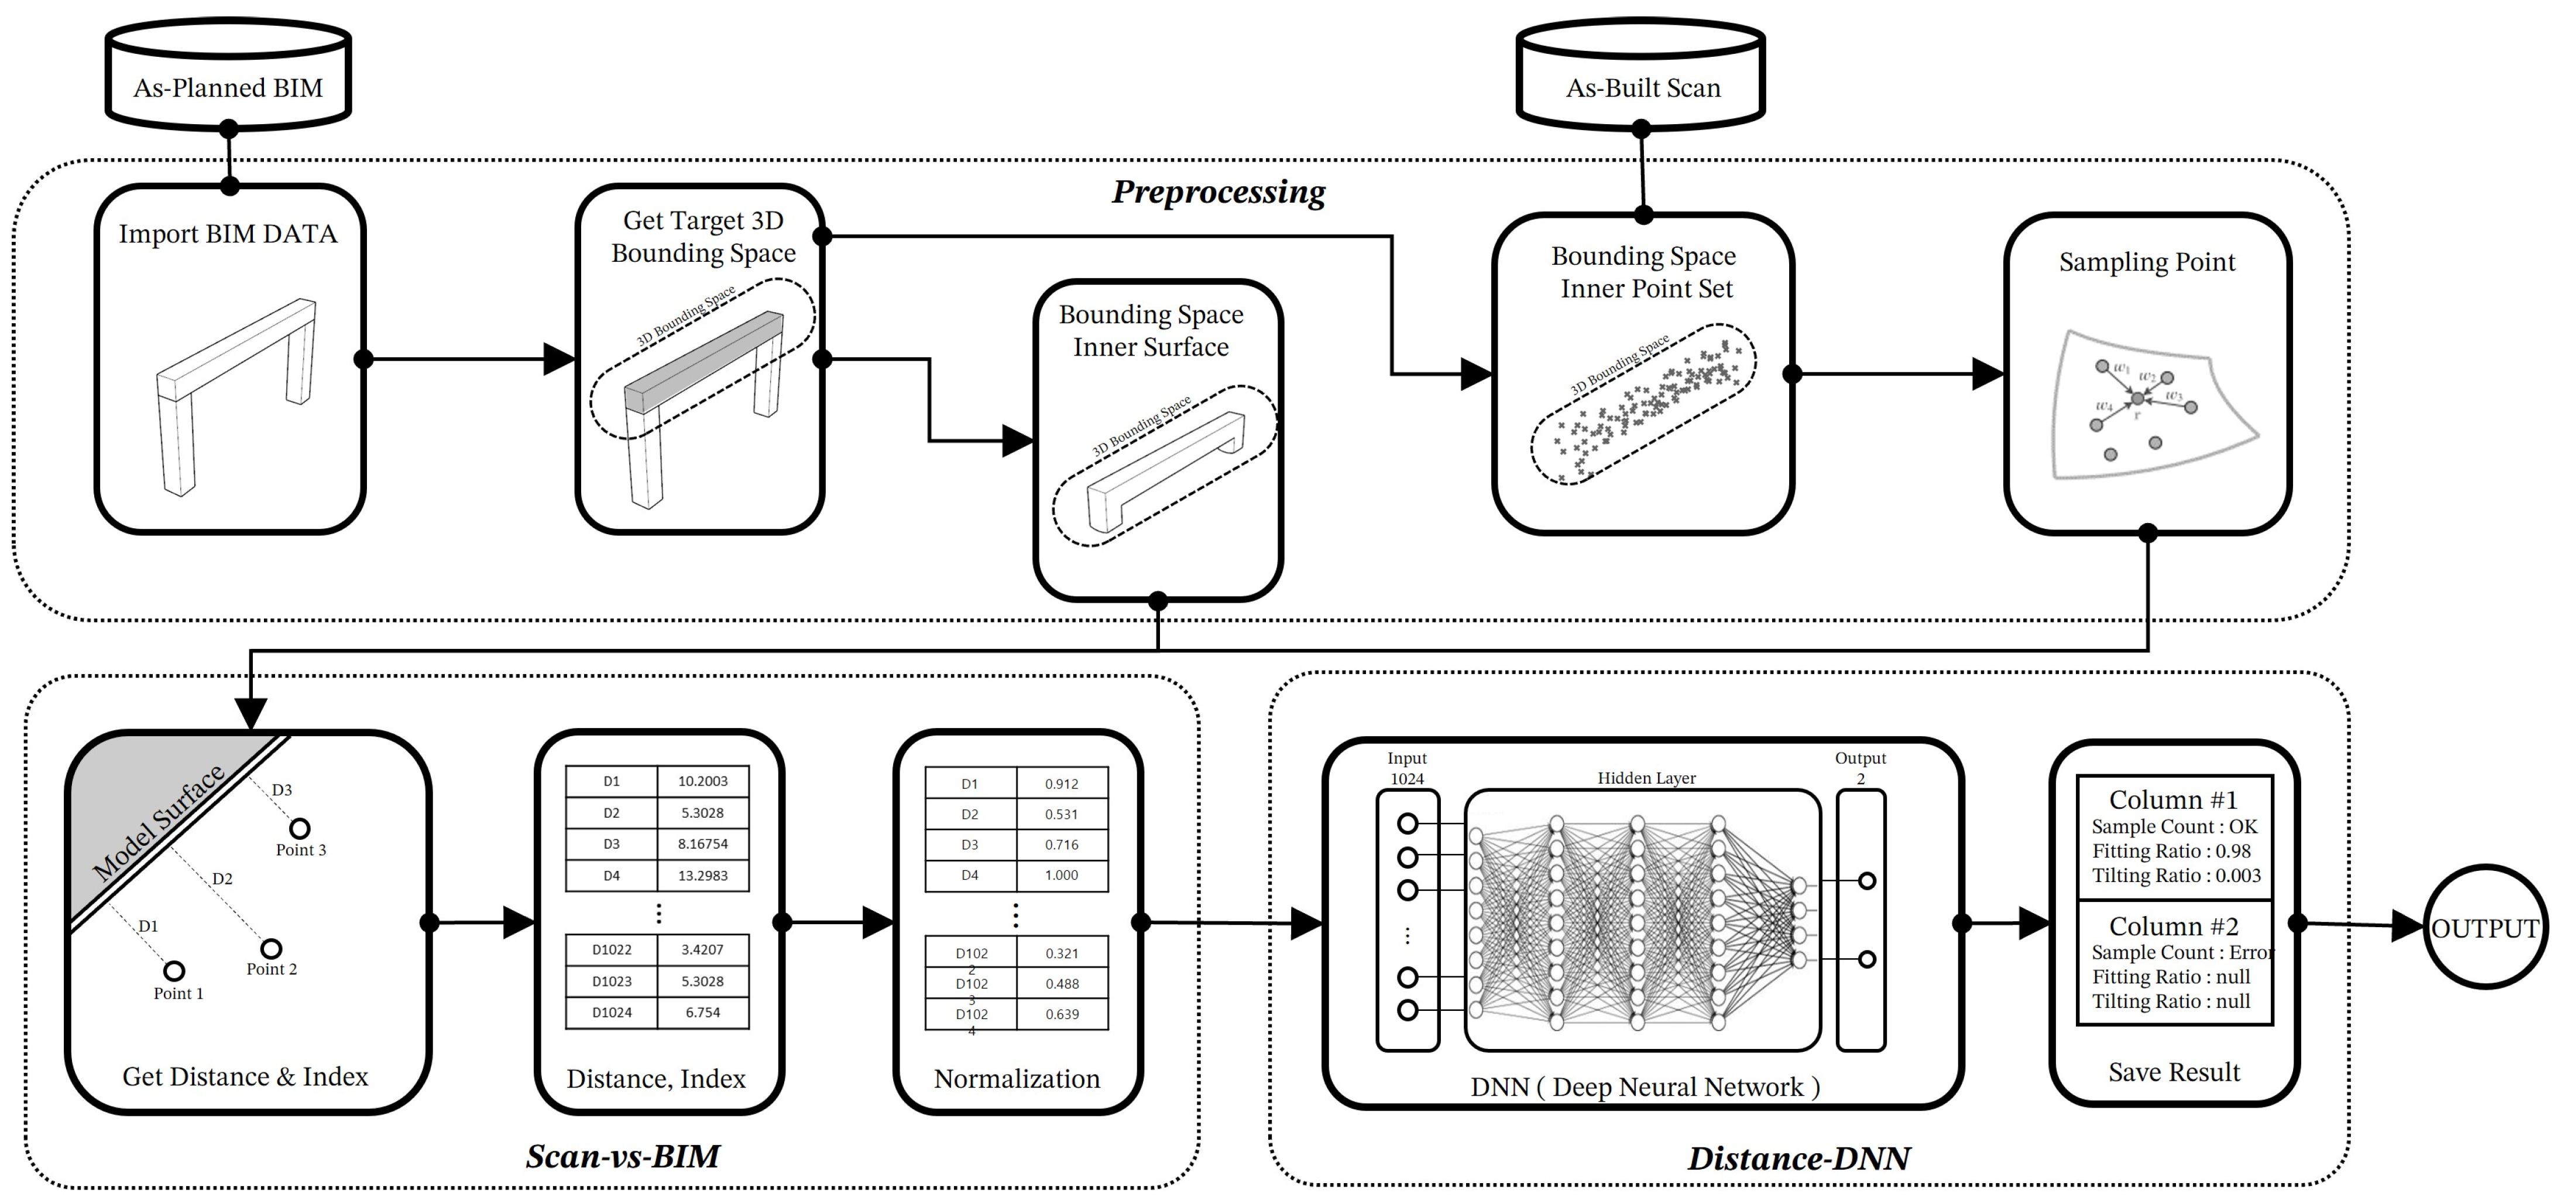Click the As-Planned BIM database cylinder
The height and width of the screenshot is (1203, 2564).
tap(228, 76)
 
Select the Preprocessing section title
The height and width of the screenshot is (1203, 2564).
tap(1218, 191)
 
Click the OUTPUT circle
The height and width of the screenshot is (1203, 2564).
tap(2484, 927)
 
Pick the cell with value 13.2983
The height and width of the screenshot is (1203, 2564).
tap(703, 876)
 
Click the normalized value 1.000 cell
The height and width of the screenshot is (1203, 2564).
tap(1061, 874)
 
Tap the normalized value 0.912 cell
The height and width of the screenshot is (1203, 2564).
tap(1061, 784)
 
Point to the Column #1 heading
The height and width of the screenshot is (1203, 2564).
tap(2173, 799)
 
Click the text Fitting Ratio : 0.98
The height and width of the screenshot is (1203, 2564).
tap(2171, 850)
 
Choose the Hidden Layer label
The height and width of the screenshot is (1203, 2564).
tap(1646, 778)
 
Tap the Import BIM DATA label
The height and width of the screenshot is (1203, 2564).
tap(228, 234)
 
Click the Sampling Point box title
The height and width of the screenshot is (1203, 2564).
tap(2147, 262)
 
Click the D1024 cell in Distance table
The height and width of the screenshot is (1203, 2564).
tap(611, 1012)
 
